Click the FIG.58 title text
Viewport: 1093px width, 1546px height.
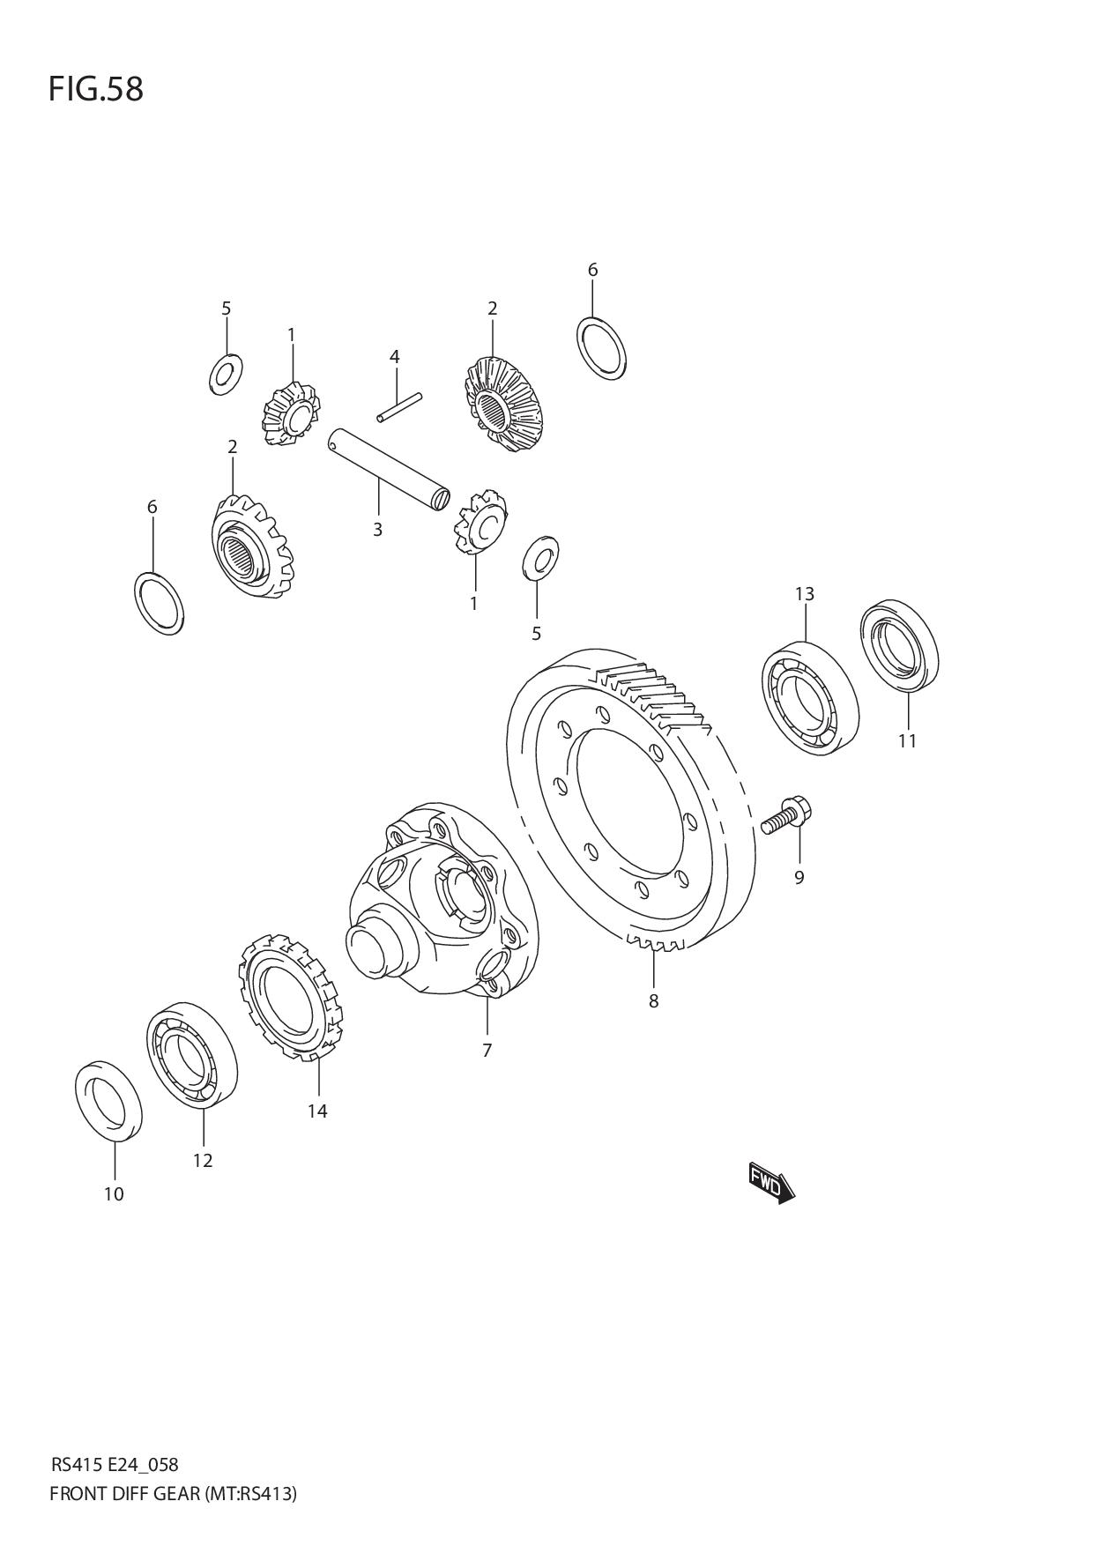pyautogui.click(x=95, y=89)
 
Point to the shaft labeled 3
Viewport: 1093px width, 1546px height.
pyautogui.click(x=389, y=468)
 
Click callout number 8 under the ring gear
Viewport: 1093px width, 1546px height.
pyautogui.click(x=653, y=1001)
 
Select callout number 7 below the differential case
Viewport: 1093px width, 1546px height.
pyautogui.click(x=487, y=1050)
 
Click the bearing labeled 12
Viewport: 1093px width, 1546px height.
pyautogui.click(x=191, y=1054)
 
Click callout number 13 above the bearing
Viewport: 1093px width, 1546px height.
pyautogui.click(x=804, y=594)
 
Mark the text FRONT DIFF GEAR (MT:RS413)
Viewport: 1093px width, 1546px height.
pyautogui.click(x=173, y=1494)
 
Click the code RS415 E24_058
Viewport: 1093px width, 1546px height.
pyautogui.click(x=115, y=1465)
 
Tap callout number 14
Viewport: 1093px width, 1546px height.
pyautogui.click(x=317, y=1111)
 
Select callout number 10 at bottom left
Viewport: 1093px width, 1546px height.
pyautogui.click(x=113, y=1194)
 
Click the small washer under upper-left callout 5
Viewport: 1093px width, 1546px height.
pyautogui.click(x=227, y=375)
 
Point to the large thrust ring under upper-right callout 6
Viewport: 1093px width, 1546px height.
pyautogui.click(x=602, y=349)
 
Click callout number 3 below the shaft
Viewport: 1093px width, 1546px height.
pyautogui.click(x=377, y=530)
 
